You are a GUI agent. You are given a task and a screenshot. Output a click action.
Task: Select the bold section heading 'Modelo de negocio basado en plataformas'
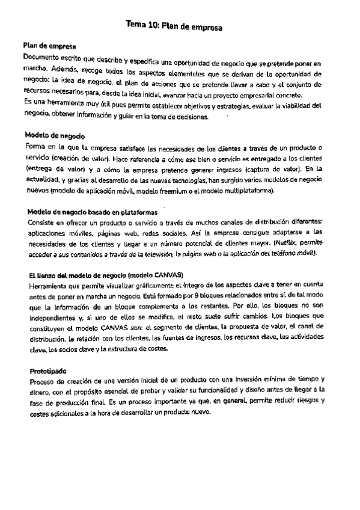coord(93,212)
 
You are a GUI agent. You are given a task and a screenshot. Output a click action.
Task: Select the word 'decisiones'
coord(189,117)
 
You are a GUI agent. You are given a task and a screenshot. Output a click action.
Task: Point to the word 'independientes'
coord(53,317)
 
